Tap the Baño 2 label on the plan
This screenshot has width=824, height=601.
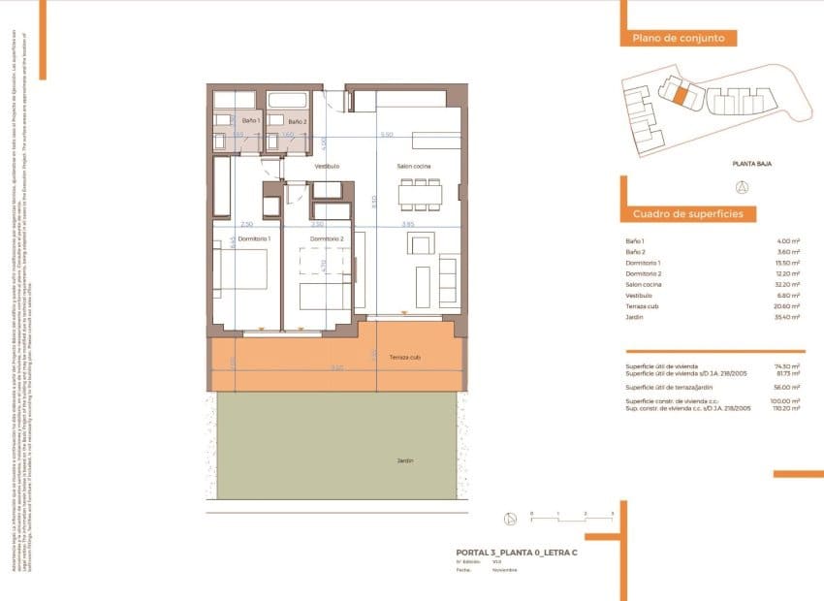[x=297, y=121]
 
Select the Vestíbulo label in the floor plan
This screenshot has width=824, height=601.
[x=327, y=167]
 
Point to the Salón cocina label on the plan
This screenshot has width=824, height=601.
[x=413, y=167]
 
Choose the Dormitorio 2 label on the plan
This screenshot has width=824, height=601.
[x=327, y=238]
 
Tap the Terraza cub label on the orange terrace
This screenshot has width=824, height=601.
[x=405, y=357]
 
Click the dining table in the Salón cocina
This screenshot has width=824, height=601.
[x=420, y=195]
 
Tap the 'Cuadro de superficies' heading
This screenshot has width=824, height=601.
[x=687, y=213]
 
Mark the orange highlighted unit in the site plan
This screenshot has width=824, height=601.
[x=681, y=96]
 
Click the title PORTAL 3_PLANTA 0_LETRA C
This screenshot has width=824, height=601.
[x=517, y=552]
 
